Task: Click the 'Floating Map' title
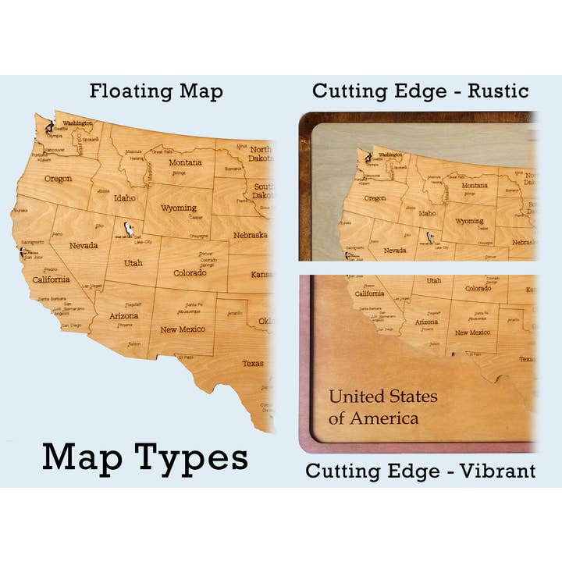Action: click(x=156, y=91)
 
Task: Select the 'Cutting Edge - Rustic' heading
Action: click(x=421, y=91)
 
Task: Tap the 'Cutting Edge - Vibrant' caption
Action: click(x=420, y=471)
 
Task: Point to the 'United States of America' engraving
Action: click(x=382, y=407)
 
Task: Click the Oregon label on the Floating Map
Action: click(x=58, y=179)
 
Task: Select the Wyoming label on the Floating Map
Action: click(x=179, y=208)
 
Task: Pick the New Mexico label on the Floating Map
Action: click(x=183, y=329)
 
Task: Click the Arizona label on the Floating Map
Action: click(x=123, y=315)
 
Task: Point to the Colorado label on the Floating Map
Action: click(x=190, y=272)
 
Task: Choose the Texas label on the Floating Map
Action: click(x=252, y=364)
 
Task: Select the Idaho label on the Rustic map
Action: click(x=427, y=213)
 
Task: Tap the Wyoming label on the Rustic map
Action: click(x=469, y=221)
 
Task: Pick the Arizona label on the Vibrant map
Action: click(x=426, y=322)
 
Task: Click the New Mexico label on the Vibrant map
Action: click(x=472, y=333)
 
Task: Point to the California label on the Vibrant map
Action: click(x=369, y=293)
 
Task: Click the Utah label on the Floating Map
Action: click(x=133, y=263)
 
